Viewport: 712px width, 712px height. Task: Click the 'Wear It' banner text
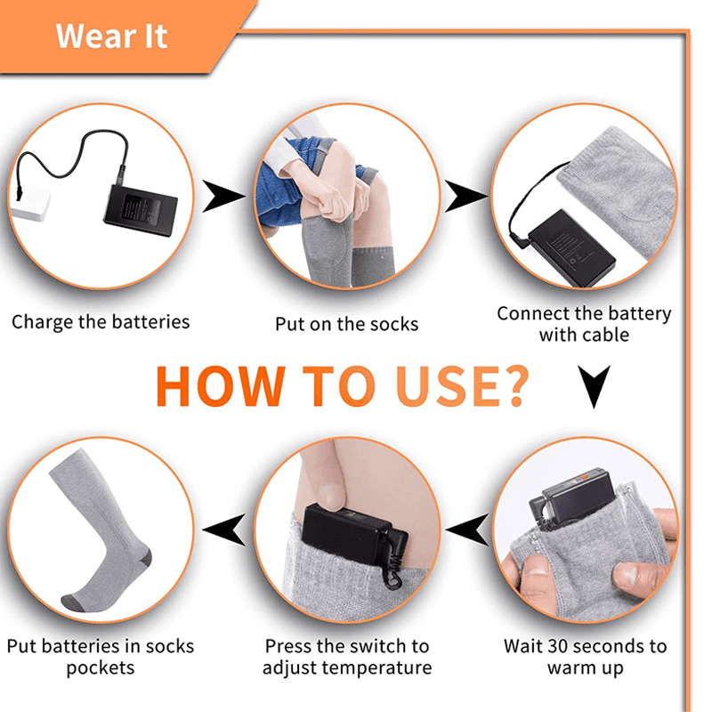click(111, 36)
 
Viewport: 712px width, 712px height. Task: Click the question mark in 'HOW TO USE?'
click(513, 386)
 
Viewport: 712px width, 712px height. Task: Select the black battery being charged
click(141, 211)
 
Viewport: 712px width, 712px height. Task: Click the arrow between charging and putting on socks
click(222, 196)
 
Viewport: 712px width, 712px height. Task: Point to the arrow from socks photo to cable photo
click(465, 196)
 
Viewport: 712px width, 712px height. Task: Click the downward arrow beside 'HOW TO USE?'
click(594, 387)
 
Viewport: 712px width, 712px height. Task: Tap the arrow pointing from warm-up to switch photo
click(466, 530)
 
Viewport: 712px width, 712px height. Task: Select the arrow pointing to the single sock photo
click(223, 530)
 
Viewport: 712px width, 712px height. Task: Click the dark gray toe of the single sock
click(72, 603)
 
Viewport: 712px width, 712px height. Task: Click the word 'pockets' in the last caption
click(101, 668)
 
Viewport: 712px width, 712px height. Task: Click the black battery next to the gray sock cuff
click(571, 247)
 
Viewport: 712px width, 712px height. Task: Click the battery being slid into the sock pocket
click(573, 497)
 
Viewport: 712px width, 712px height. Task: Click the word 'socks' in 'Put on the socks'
click(394, 324)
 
